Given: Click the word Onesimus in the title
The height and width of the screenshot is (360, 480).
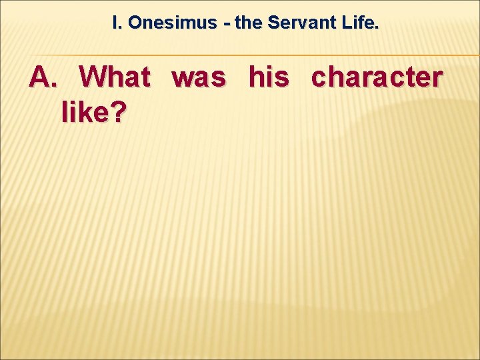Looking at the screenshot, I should pyautogui.click(x=173, y=23).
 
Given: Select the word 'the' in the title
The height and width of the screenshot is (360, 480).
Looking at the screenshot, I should pyautogui.click(x=248, y=23).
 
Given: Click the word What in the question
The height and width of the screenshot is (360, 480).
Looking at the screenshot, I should pyautogui.click(x=115, y=77).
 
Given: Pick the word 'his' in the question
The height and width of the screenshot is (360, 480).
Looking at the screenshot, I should pyautogui.click(x=269, y=77).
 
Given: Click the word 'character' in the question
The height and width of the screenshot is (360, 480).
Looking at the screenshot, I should pyautogui.click(x=377, y=78).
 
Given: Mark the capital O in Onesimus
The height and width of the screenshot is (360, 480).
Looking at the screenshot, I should pyautogui.click(x=135, y=23).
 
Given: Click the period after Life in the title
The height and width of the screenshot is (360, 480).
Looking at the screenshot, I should pyautogui.click(x=377, y=27).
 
